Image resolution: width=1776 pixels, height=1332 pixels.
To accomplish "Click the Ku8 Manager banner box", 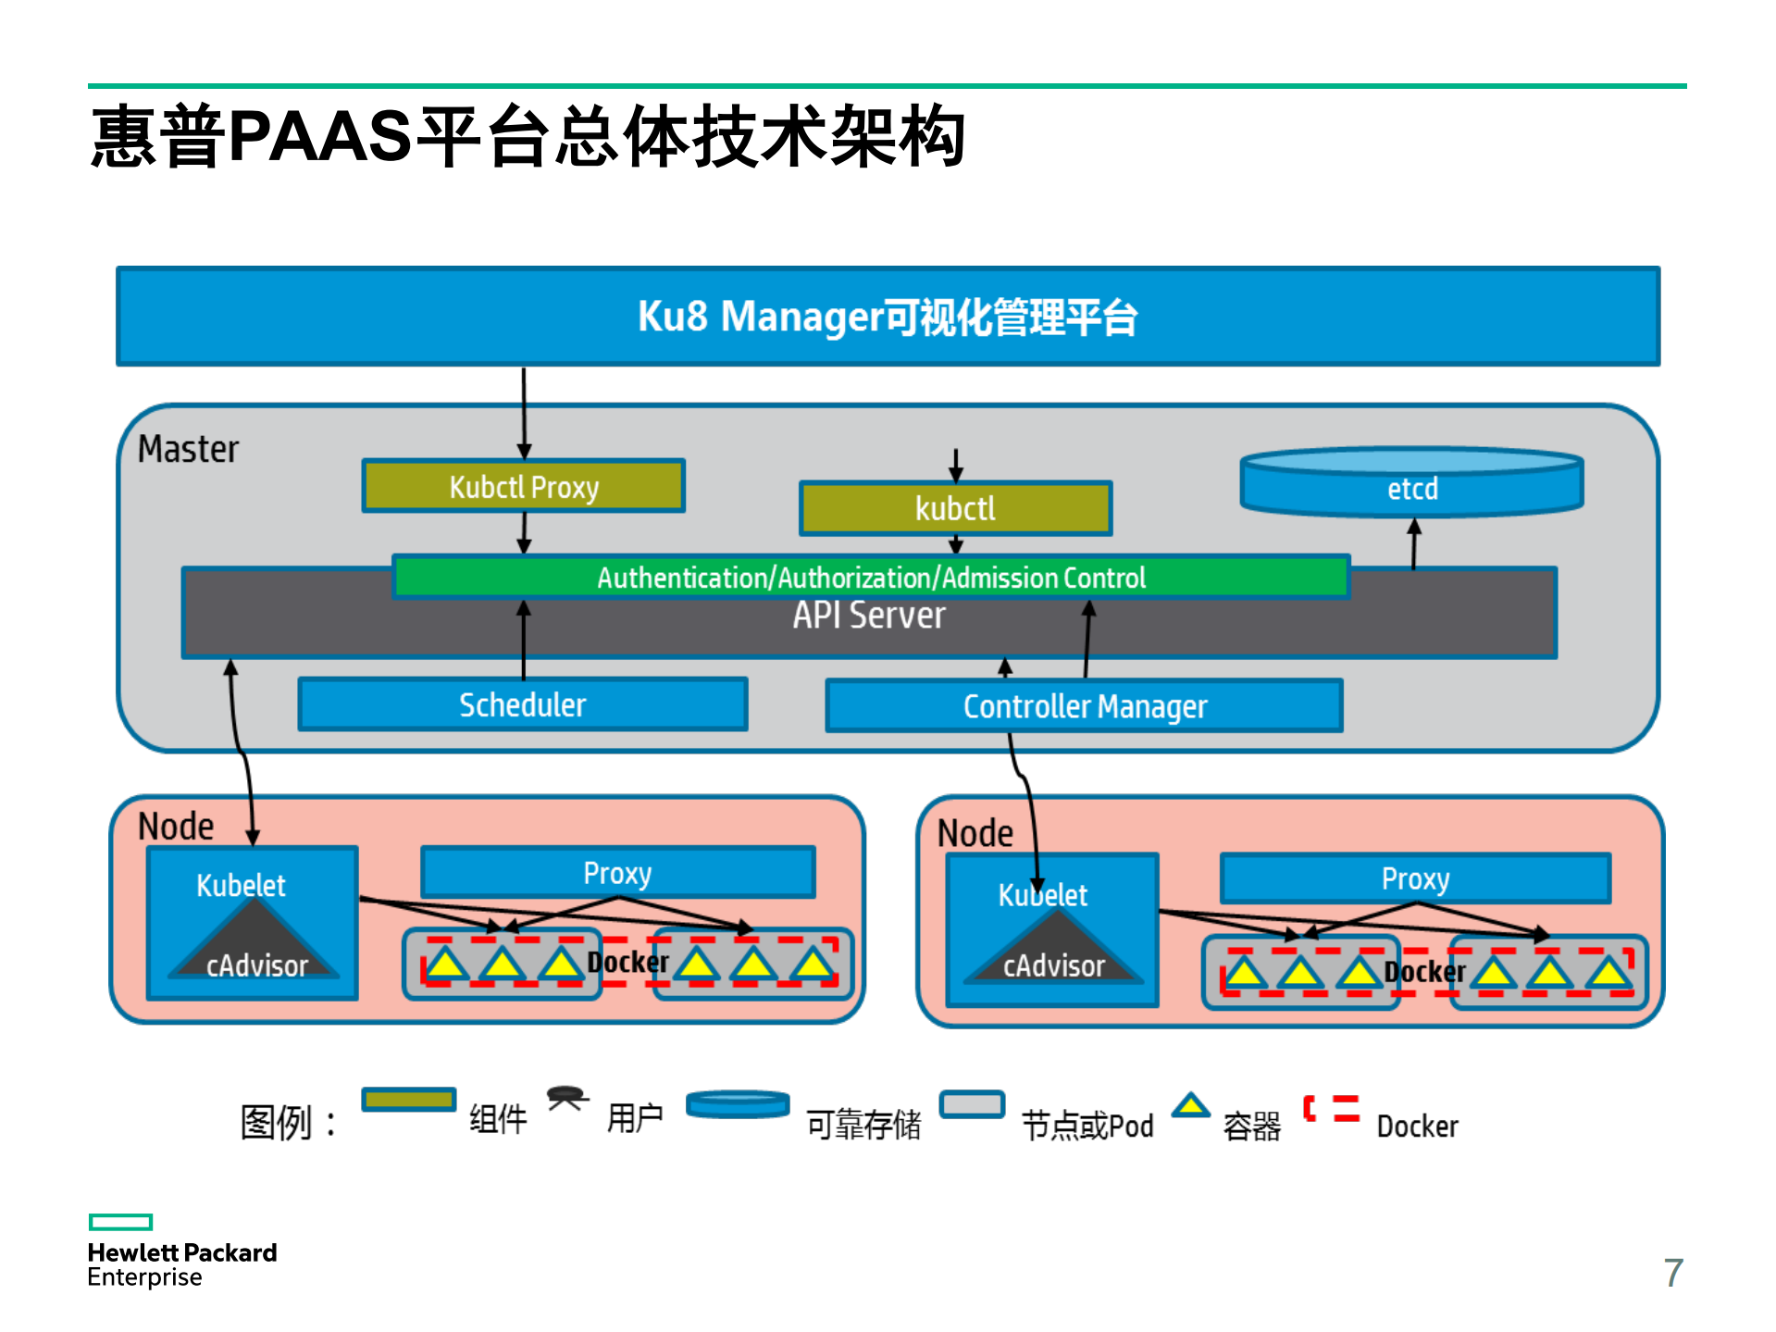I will point(887,317).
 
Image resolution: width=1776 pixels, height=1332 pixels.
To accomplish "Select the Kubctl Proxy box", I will point(523,486).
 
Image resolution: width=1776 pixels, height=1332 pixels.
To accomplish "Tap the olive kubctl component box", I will point(955,508).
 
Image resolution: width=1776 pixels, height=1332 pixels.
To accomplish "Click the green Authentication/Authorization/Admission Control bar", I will point(870,578).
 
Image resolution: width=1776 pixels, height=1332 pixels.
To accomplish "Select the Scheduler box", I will point(522,705).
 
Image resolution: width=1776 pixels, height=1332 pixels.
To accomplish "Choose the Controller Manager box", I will point(1084,706).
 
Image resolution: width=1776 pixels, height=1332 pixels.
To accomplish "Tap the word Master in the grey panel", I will point(188,449).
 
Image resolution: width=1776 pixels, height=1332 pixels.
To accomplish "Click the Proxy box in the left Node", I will point(617,872).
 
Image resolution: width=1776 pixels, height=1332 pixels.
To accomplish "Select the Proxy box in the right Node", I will point(1414,878).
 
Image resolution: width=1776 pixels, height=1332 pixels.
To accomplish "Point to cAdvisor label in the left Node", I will point(256,965).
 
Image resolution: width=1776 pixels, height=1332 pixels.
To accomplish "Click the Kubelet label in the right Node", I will point(1042,895).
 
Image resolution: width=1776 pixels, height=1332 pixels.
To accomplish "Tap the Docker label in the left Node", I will point(627,963).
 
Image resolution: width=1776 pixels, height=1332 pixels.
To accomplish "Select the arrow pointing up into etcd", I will point(1414,544).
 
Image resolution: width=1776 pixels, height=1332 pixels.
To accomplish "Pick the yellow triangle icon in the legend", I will point(1190,1105).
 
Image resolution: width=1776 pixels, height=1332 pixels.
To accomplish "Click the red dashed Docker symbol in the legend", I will point(1331,1108).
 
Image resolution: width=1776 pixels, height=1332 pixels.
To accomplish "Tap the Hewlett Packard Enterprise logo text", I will point(181,1264).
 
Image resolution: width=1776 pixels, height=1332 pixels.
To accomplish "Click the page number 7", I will point(1672,1273).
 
